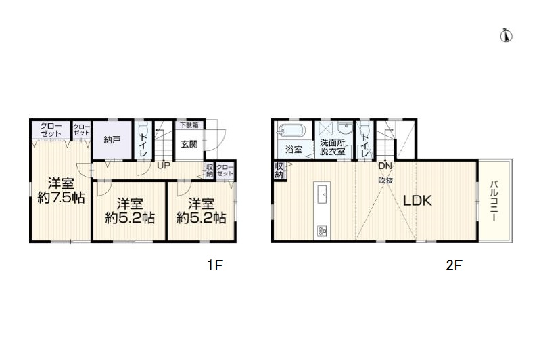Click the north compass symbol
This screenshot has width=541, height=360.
tap(506, 36)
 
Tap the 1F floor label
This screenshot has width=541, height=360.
tap(214, 265)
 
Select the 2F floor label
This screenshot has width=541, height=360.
tap(453, 265)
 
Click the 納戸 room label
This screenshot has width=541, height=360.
tap(112, 140)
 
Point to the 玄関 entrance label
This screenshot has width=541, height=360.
tap(189, 144)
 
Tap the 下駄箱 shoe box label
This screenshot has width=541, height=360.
tap(189, 125)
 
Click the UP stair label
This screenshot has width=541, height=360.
tap(164, 166)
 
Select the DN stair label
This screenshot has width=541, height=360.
tap(385, 166)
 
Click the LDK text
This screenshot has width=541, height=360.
tap(417, 200)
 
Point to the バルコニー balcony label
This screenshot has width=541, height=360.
tap(494, 200)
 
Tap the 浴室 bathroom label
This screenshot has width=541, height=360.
tap(293, 150)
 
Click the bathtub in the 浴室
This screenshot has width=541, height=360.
tap(292, 131)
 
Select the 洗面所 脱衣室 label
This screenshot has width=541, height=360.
tap(332, 147)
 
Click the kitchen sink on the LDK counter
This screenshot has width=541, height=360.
tap(322, 194)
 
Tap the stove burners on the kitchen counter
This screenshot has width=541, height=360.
tap(322, 231)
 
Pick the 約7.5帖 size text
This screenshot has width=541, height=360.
tap(61, 198)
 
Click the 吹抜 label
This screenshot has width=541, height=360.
tap(385, 180)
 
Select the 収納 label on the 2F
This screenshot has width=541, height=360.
tap(279, 171)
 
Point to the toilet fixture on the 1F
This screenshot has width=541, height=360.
tap(143, 129)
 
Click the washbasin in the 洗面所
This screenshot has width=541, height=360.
tap(344, 128)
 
